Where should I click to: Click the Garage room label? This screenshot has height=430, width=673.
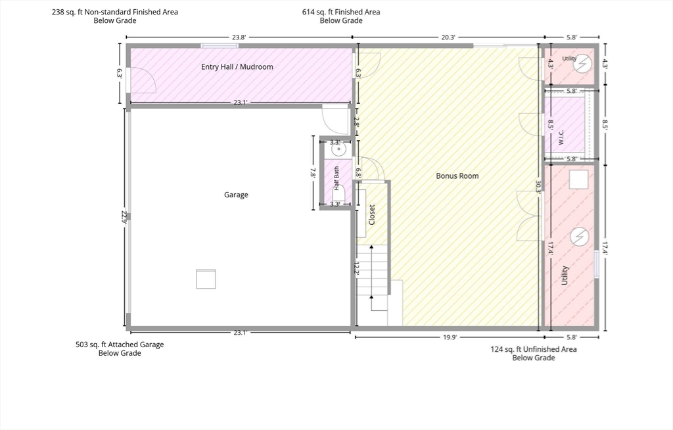pyautogui.click(x=236, y=195)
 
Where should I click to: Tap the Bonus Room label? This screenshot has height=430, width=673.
pyautogui.click(x=457, y=176)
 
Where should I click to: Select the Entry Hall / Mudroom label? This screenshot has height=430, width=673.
pyautogui.click(x=237, y=66)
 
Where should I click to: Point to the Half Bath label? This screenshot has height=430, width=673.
pyautogui.click(x=336, y=178)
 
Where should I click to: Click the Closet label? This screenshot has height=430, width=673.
pyautogui.click(x=372, y=214)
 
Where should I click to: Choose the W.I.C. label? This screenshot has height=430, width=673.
pyautogui.click(x=561, y=137)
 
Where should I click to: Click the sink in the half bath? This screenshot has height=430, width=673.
pyautogui.click(x=338, y=149)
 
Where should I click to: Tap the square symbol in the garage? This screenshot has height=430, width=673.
pyautogui.click(x=206, y=279)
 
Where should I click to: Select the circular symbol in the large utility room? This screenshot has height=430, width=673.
pyautogui.click(x=580, y=237)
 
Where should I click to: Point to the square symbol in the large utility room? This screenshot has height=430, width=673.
pyautogui.click(x=578, y=179)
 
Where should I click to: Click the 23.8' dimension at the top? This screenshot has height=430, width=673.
pyautogui.click(x=239, y=37)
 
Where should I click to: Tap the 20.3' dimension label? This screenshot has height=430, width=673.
pyautogui.click(x=448, y=37)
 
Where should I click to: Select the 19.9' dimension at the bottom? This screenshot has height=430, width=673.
pyautogui.click(x=450, y=338)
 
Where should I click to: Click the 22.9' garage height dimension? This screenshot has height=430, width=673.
pyautogui.click(x=124, y=218)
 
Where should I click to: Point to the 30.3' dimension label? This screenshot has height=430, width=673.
pyautogui.click(x=538, y=187)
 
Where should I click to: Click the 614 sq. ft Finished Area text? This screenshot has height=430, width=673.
pyautogui.click(x=341, y=12)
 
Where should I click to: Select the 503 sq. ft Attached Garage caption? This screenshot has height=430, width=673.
pyautogui.click(x=120, y=345)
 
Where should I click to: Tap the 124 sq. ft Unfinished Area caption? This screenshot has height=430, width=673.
pyautogui.click(x=534, y=349)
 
